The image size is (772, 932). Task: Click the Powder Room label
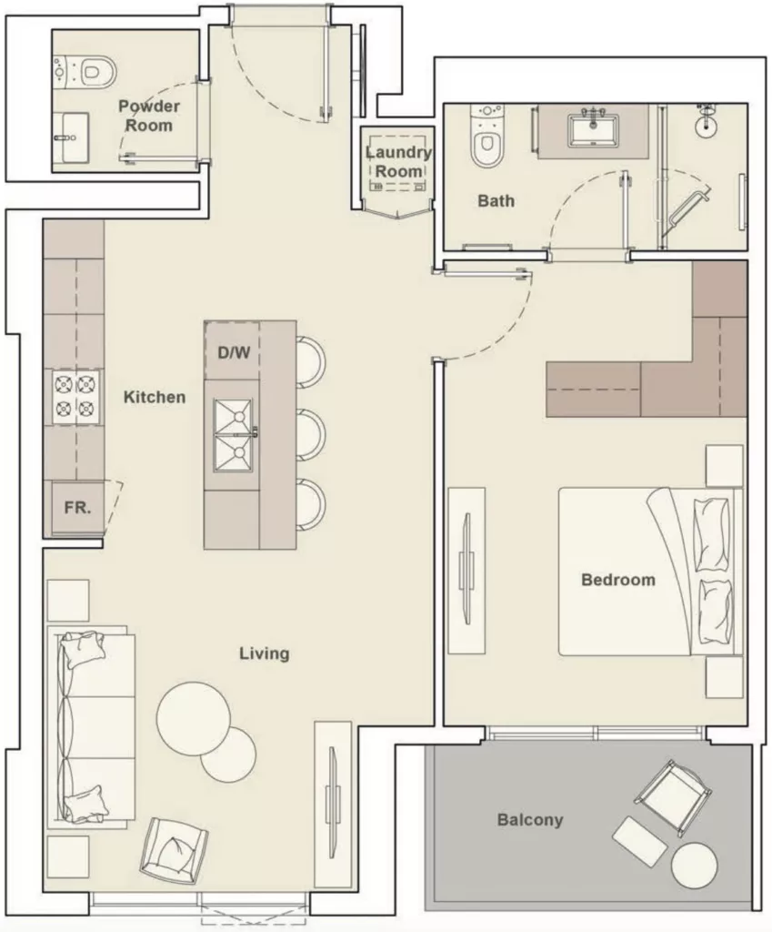pos(149,116)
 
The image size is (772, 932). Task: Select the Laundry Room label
pos(398,162)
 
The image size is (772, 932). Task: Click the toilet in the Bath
pos(487,136)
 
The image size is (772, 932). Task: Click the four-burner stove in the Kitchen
pos(76,397)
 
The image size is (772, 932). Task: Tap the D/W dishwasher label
pos(234,353)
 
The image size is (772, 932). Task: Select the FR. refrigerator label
pos(78,508)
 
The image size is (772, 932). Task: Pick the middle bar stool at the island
pos(311,435)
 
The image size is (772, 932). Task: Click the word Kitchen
pos(155,397)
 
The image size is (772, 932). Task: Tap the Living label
pos(265,653)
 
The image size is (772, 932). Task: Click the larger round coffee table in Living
pos(194,718)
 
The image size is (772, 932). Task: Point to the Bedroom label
pos(618,580)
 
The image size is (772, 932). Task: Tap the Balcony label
pos(530,820)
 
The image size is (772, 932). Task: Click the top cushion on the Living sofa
pos(83,649)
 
